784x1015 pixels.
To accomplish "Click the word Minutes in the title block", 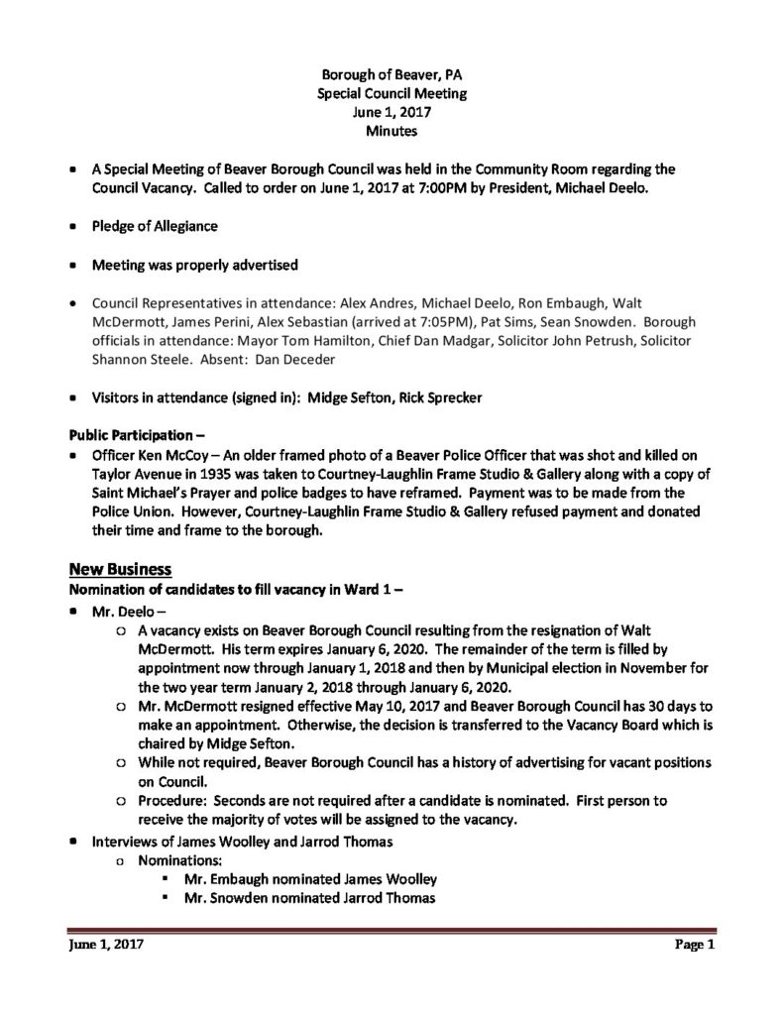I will [x=392, y=130].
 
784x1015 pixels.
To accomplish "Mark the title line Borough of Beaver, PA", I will [x=392, y=75].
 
